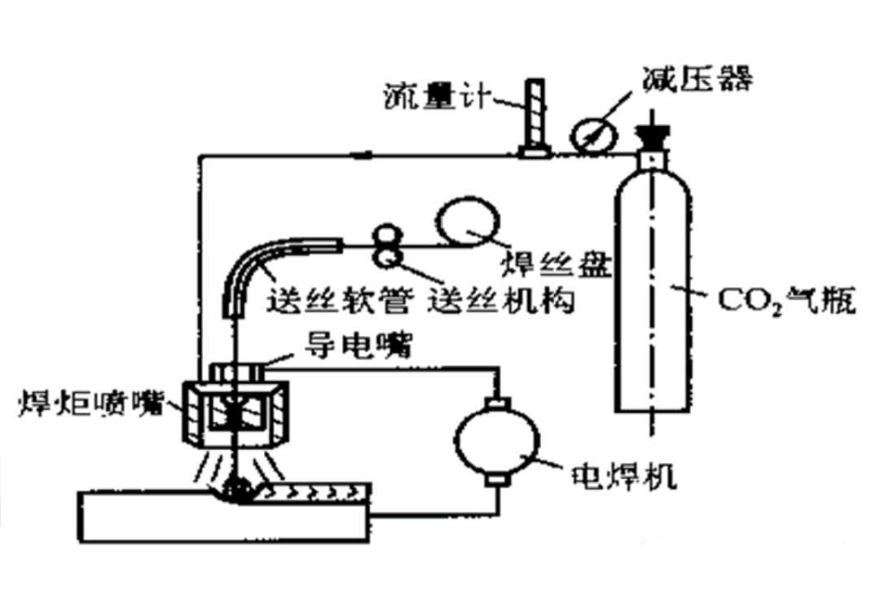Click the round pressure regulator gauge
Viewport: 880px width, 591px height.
click(x=589, y=136)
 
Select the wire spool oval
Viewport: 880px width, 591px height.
click(x=466, y=221)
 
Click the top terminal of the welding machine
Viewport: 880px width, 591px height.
click(x=495, y=404)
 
